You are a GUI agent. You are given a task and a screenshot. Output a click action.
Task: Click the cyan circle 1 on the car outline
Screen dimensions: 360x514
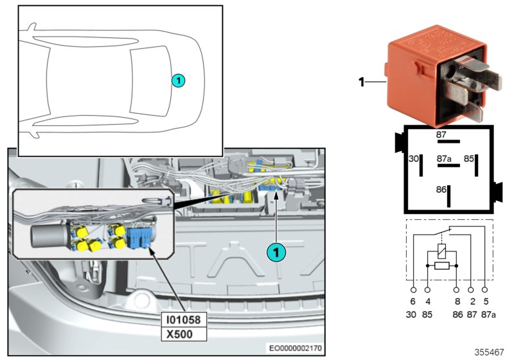[x=179, y=80]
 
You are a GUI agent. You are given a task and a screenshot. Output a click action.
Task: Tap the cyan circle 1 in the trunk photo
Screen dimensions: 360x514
[x=276, y=253]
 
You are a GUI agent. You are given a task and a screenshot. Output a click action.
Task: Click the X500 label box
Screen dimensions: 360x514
[x=184, y=334]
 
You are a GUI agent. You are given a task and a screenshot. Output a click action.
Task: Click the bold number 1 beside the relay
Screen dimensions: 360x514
[x=361, y=82]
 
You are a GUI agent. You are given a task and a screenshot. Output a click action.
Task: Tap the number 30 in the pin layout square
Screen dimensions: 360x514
[x=414, y=158]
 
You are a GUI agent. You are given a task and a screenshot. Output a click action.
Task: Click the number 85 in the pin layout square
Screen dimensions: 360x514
[x=470, y=158]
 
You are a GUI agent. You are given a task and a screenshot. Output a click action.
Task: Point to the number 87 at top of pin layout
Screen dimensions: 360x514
[x=441, y=135]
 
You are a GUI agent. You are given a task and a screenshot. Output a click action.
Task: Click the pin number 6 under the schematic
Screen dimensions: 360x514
[x=413, y=301]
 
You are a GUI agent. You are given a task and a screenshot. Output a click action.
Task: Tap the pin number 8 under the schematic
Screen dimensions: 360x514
[x=456, y=301]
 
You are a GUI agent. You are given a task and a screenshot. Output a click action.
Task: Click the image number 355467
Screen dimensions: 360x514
[x=490, y=352]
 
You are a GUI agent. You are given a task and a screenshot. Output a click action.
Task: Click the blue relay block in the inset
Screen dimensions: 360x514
[x=140, y=236]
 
